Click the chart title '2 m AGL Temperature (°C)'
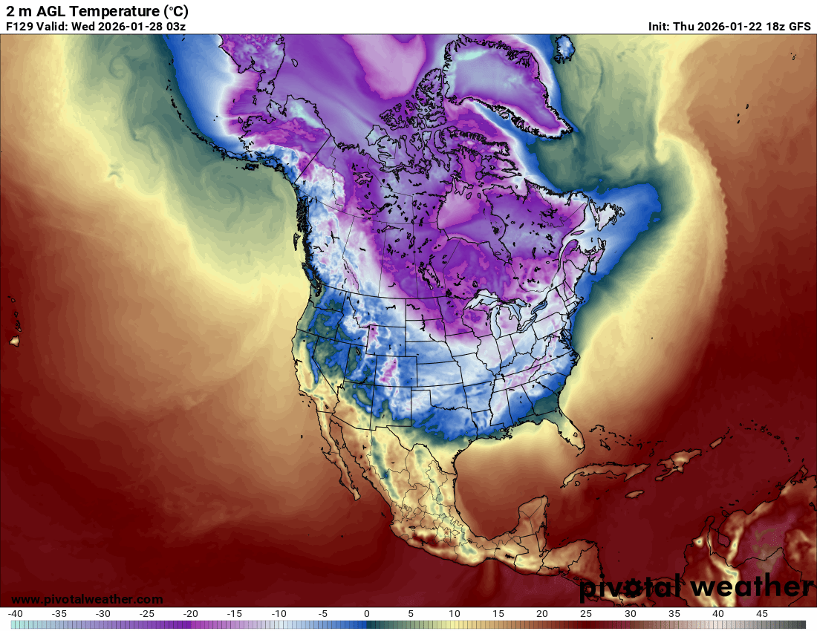(x=97, y=11)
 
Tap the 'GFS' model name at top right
(x=799, y=26)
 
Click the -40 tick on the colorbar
(x=16, y=614)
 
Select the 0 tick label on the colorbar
(x=367, y=614)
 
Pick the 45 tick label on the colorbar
(x=761, y=614)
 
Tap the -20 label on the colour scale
(x=191, y=614)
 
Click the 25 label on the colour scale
(x=586, y=614)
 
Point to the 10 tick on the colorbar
(x=455, y=614)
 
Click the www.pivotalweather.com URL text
(x=87, y=599)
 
